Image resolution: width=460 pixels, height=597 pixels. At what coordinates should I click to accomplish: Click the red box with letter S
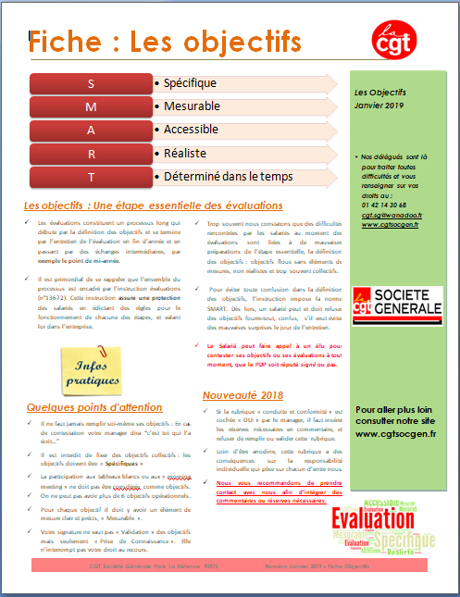pos(90,83)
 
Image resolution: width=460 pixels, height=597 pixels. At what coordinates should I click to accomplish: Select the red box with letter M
pos(90,106)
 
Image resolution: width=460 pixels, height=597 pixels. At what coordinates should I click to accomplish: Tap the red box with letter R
pos(90,153)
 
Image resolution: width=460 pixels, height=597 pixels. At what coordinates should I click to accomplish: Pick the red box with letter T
pos(90,176)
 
